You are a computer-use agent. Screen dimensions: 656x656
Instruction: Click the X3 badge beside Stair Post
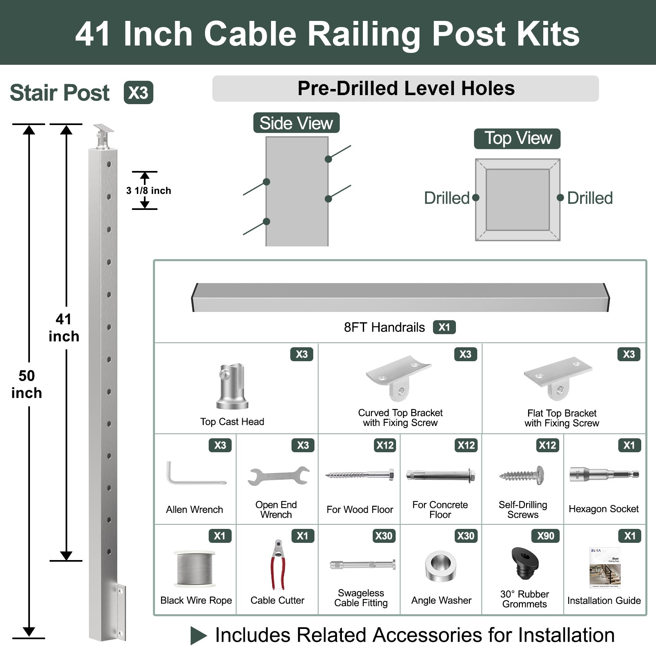(x=138, y=93)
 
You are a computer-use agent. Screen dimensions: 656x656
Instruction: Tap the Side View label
(x=296, y=123)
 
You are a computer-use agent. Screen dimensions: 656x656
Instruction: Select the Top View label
(x=517, y=139)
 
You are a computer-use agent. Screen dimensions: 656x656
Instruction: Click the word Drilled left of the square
(x=446, y=198)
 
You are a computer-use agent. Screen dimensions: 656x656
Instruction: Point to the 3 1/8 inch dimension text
(x=148, y=191)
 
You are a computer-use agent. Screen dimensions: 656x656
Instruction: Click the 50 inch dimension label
(x=27, y=384)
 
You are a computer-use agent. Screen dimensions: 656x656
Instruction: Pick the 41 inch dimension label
(x=64, y=328)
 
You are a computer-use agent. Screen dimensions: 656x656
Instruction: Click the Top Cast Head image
(x=232, y=386)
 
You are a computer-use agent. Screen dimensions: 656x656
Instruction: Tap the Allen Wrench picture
(x=195, y=474)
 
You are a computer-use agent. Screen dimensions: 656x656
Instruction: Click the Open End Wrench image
(x=278, y=476)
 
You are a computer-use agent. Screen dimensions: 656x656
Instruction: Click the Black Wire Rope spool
(x=195, y=568)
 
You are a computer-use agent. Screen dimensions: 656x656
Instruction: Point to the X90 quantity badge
(x=545, y=536)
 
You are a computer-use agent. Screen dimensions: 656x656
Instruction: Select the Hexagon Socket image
(x=604, y=475)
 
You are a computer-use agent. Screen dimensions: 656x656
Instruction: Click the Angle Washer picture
(x=440, y=567)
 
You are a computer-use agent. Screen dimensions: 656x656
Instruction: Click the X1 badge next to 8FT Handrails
(x=444, y=327)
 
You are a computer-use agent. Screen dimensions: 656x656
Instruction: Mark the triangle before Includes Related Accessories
(x=198, y=635)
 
